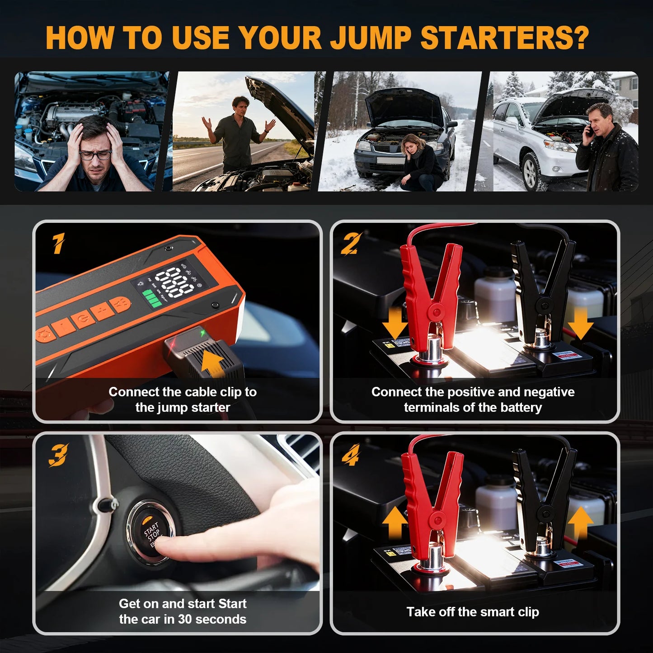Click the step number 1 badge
tap(58, 244)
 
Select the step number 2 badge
tap(351, 244)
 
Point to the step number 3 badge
tap(58, 455)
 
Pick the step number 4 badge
tap(351, 455)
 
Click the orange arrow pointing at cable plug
tap(213, 363)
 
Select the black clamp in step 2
tap(542, 289)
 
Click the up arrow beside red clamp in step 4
tap(395, 522)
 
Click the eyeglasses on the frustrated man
tap(95, 155)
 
